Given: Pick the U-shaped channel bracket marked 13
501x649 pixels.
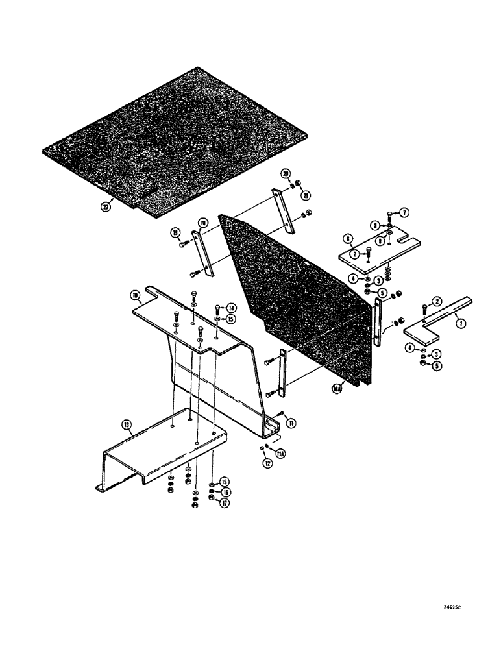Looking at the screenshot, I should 156,448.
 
